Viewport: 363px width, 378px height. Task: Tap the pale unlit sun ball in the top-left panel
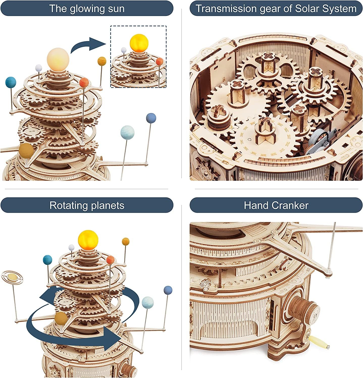tap(58, 59)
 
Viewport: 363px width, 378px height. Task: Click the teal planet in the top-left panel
tap(11, 82)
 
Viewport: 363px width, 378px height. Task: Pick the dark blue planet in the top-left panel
tap(151, 118)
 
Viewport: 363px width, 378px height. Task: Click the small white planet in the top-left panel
tap(39, 68)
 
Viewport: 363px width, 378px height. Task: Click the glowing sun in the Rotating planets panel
tap(88, 239)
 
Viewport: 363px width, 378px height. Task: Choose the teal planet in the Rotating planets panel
tap(47, 260)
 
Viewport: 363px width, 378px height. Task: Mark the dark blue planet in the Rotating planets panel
tap(168, 290)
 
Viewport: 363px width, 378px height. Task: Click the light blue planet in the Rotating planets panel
tap(148, 302)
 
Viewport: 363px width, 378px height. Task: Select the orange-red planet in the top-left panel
tap(84, 82)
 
